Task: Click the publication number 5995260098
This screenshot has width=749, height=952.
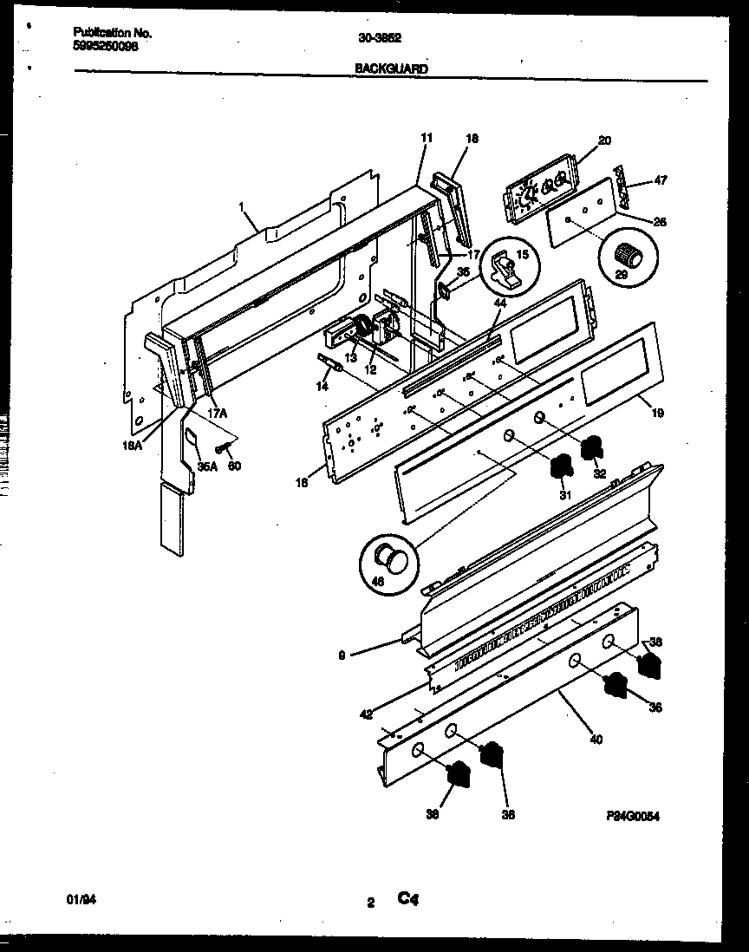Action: click(105, 48)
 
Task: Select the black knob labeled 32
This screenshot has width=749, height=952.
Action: click(593, 449)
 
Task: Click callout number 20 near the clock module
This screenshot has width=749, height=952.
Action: click(604, 140)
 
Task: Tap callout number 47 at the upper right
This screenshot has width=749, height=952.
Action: click(661, 182)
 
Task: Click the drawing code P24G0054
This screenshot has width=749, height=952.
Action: click(633, 816)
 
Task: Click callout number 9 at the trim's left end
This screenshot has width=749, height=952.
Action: click(343, 657)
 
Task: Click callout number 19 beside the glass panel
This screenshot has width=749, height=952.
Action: click(658, 414)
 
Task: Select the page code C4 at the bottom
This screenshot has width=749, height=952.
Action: click(408, 899)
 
